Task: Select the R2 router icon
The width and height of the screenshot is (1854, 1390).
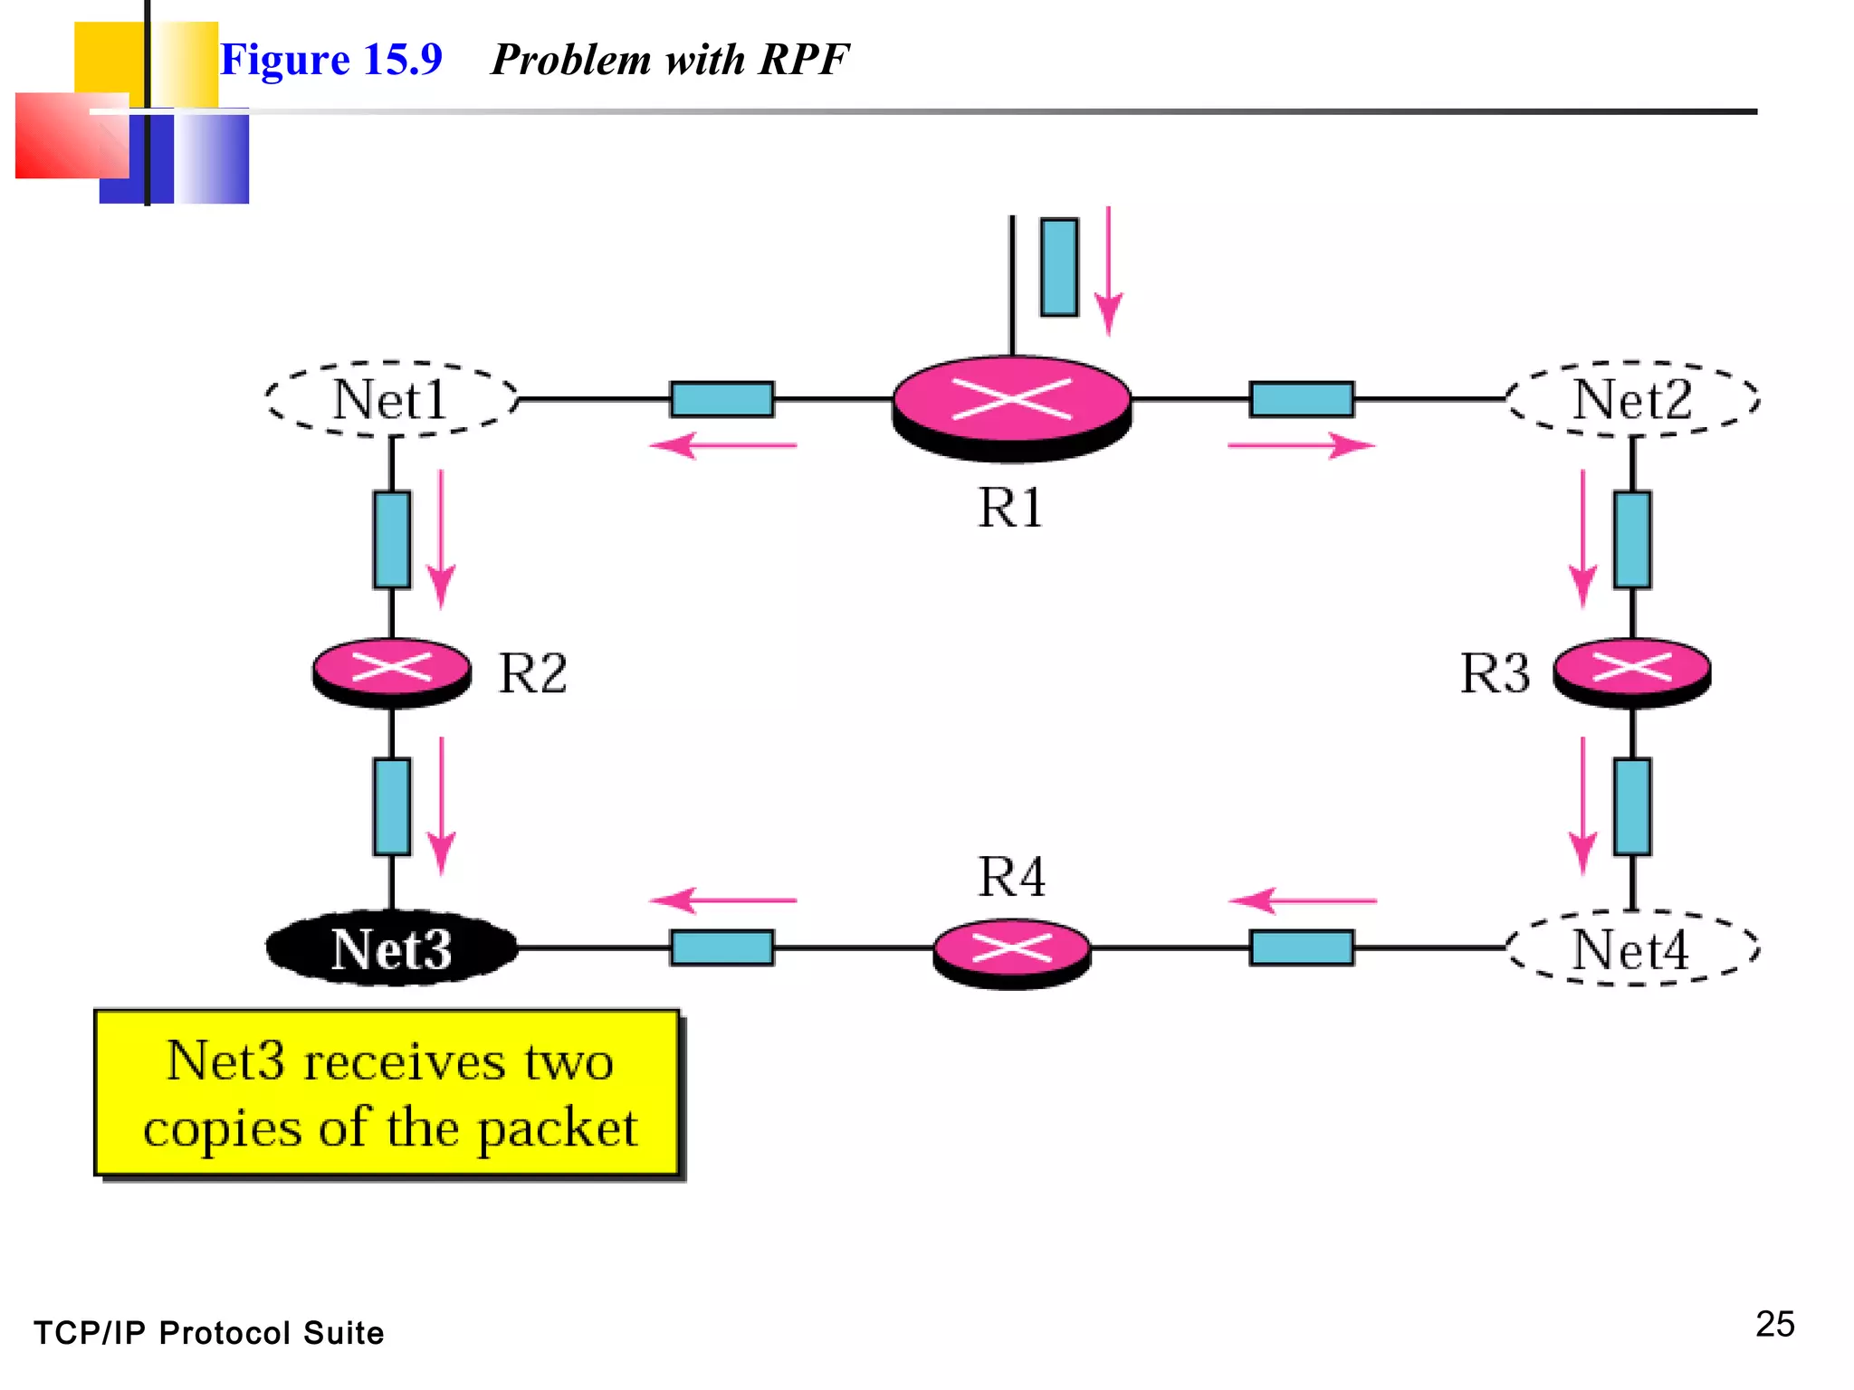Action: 391,671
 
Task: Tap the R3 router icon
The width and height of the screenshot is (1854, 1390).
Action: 1631,671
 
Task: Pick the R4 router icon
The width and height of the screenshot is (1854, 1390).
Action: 1011,952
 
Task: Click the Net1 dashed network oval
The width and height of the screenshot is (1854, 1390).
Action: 391,399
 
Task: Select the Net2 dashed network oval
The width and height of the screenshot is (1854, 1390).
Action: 1631,399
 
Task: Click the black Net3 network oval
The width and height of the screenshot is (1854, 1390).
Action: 391,948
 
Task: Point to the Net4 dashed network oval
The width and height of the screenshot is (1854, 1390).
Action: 1631,948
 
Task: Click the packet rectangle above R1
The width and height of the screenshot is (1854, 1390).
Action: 1058,267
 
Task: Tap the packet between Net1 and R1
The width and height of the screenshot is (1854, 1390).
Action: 722,398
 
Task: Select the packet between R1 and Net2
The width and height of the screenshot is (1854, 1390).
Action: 1301,398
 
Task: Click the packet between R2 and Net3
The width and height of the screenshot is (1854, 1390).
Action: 391,806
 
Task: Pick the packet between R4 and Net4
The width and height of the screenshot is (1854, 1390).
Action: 1301,947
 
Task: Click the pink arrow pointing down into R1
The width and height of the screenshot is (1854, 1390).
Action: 1108,271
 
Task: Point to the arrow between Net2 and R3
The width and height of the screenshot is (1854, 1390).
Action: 1582,538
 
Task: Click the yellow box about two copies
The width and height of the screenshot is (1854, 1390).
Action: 387,1093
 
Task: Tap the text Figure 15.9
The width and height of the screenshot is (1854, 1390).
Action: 331,60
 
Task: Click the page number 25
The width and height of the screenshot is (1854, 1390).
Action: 1774,1324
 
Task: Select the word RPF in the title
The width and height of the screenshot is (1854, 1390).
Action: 803,60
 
